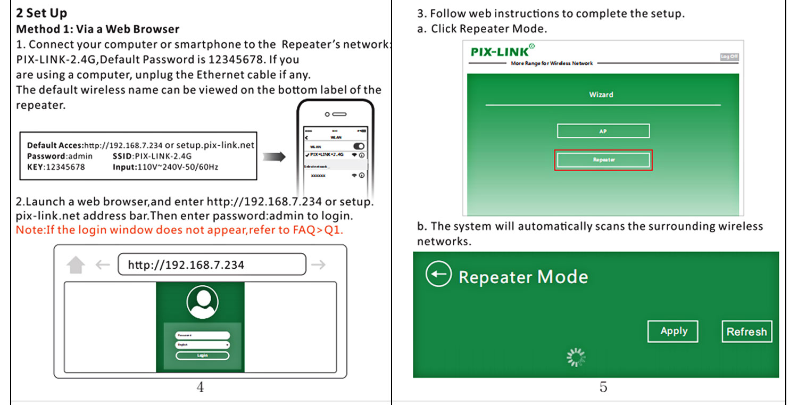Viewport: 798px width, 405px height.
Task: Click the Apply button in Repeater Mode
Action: coord(672,331)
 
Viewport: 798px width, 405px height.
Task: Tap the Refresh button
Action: coord(746,332)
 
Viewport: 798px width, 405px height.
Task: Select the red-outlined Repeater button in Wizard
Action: coord(603,160)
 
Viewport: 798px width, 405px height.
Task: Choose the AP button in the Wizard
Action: coord(603,131)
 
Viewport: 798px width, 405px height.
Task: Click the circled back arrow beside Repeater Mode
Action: coord(438,274)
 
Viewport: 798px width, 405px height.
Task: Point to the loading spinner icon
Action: coord(576,358)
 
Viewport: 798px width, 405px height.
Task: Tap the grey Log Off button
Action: coord(729,57)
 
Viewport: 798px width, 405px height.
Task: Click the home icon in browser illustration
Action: coord(76,265)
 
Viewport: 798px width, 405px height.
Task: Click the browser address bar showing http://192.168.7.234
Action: coord(212,265)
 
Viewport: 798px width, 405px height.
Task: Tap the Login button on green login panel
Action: coord(202,356)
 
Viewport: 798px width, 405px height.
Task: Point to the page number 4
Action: coord(200,387)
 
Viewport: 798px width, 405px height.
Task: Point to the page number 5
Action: coord(603,387)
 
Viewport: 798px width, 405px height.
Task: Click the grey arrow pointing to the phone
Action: coord(275,156)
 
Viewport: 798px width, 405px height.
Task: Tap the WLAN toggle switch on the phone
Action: coord(359,146)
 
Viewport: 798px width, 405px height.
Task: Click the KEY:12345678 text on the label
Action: coord(55,167)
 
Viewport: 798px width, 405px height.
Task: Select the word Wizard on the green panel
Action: coord(601,95)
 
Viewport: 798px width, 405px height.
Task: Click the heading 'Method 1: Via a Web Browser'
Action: coord(98,29)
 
